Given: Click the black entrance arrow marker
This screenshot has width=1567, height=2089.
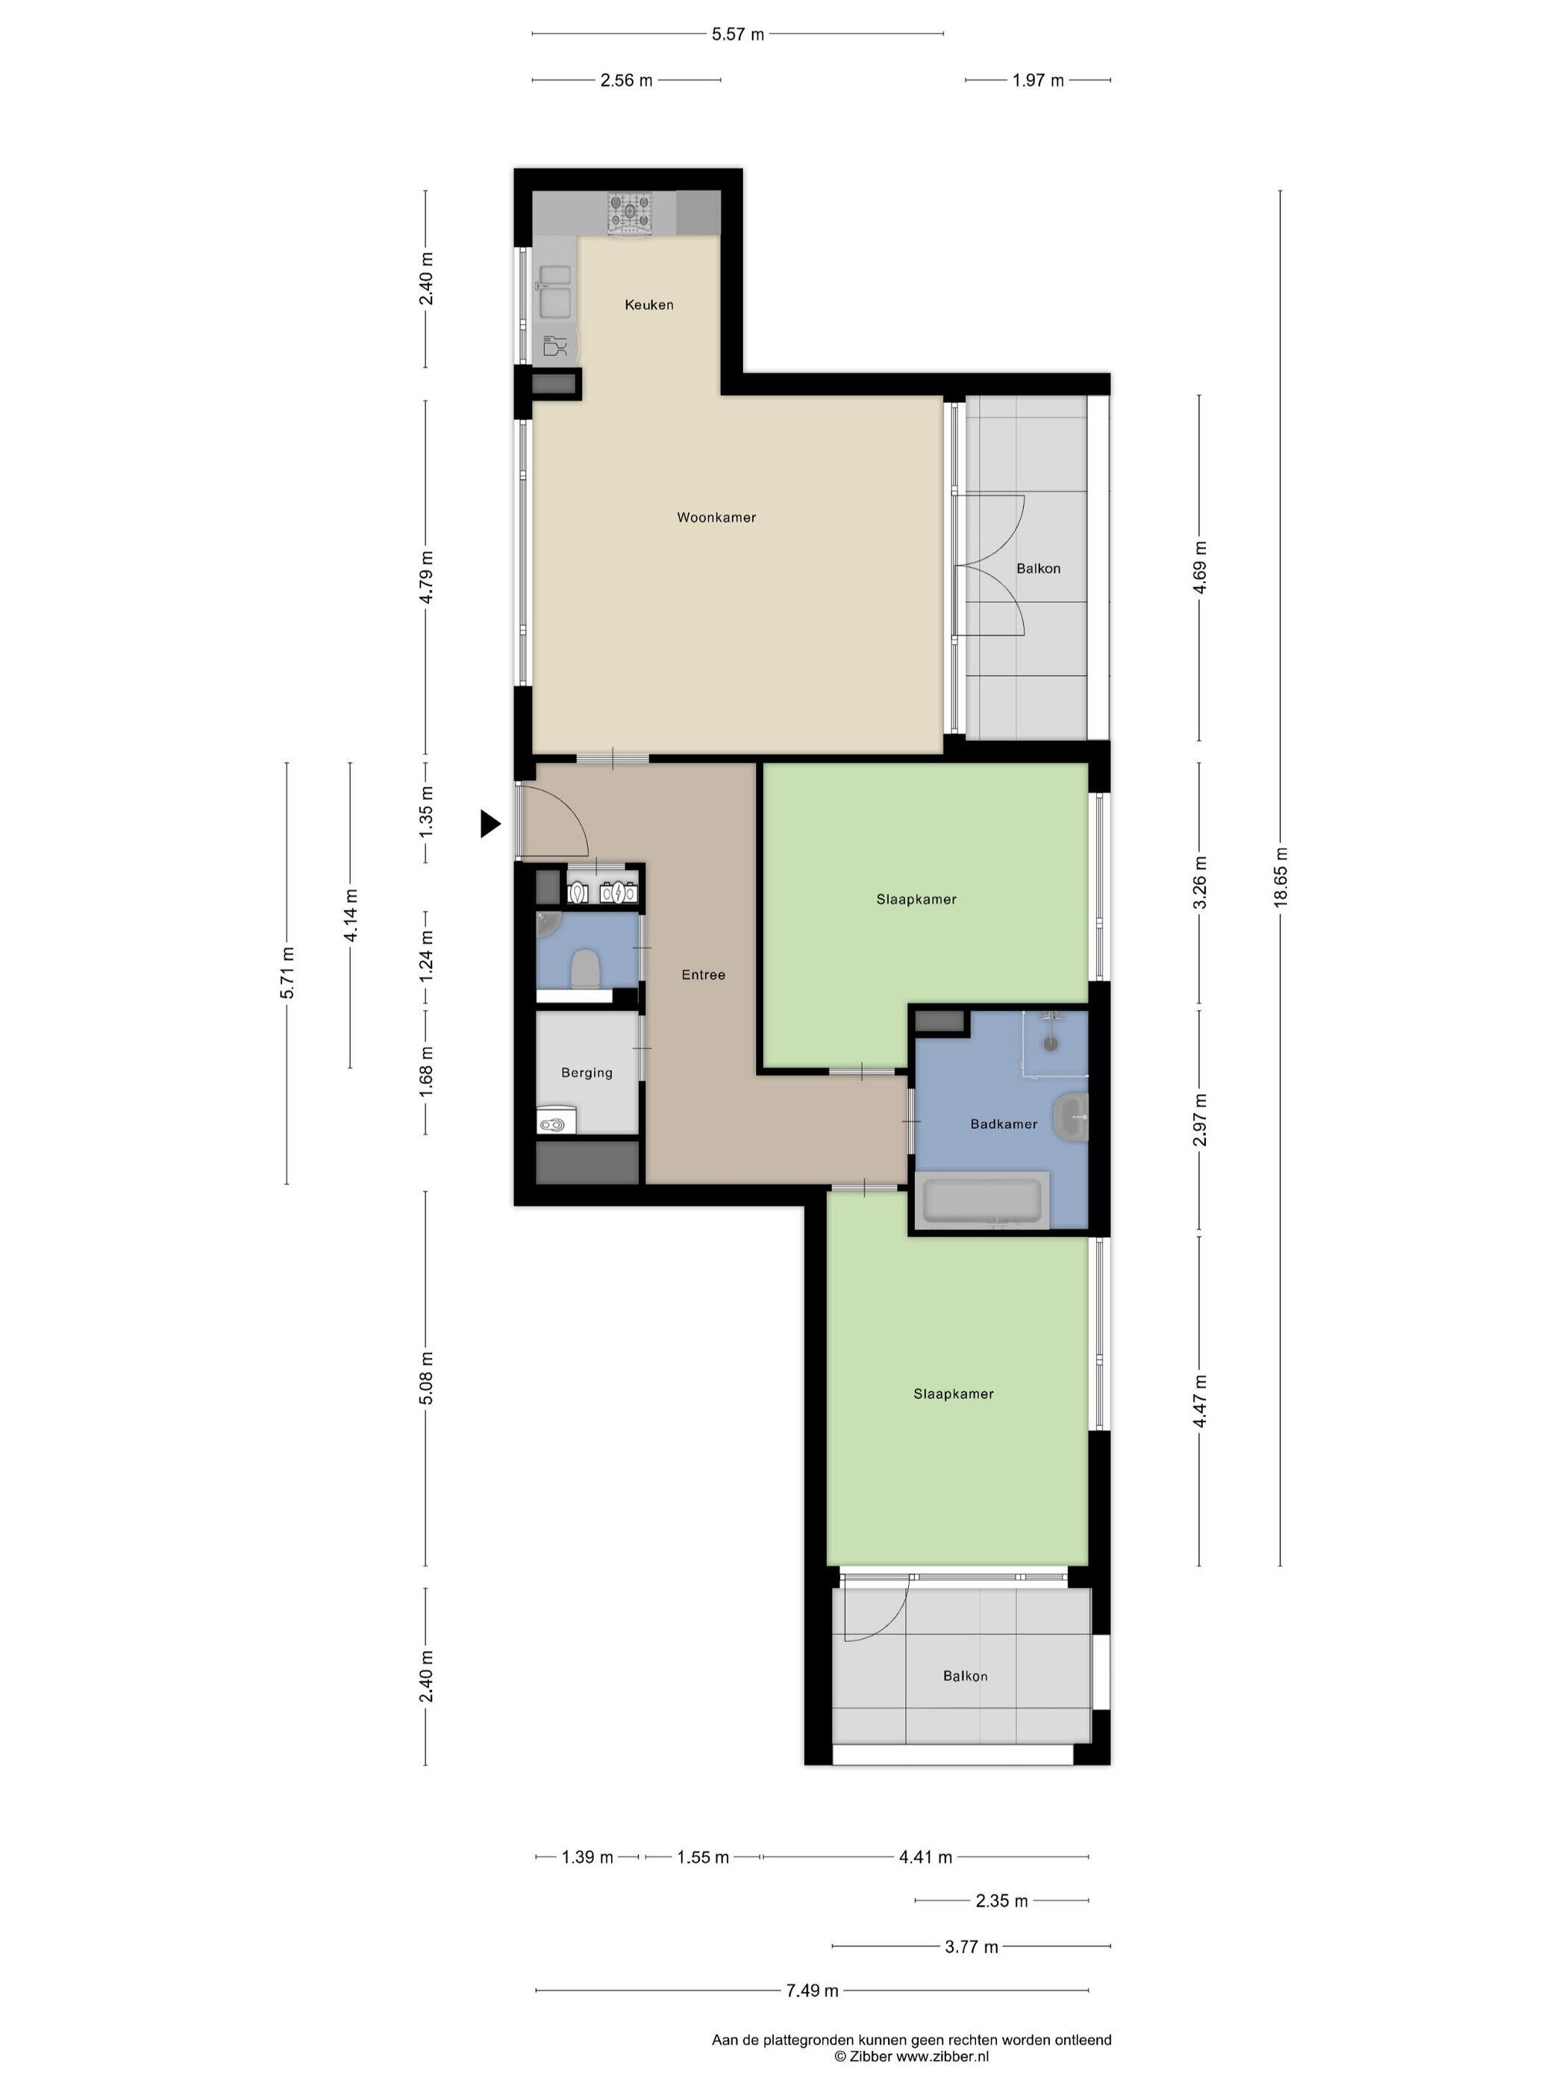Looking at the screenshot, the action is pos(490,824).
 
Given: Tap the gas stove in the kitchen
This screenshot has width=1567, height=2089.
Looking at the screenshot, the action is pos(629,213).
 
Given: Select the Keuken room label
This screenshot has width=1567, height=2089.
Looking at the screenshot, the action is pos(649,304).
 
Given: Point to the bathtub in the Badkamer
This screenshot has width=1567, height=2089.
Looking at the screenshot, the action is pos(982,1200).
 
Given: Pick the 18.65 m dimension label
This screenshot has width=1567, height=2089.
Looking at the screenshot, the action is pos(1280,877).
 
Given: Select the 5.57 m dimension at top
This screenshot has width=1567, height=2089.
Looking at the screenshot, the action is pos(738,34).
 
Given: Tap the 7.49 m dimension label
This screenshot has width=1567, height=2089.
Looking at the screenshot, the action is pos(813,1990).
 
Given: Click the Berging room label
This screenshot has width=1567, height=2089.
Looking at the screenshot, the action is pos(587,1072).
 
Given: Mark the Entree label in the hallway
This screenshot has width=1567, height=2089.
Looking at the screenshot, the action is pos(704,974).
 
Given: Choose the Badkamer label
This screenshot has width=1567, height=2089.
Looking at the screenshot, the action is pos(1003,1123).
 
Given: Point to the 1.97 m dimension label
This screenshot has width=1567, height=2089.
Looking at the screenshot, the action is pos(1038,81).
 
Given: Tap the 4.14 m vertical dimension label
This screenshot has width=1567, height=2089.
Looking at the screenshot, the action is pos(351,914).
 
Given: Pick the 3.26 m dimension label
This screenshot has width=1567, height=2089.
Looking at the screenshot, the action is pos(1200,882).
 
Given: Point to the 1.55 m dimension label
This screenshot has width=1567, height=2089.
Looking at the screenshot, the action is pos(703,1857).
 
